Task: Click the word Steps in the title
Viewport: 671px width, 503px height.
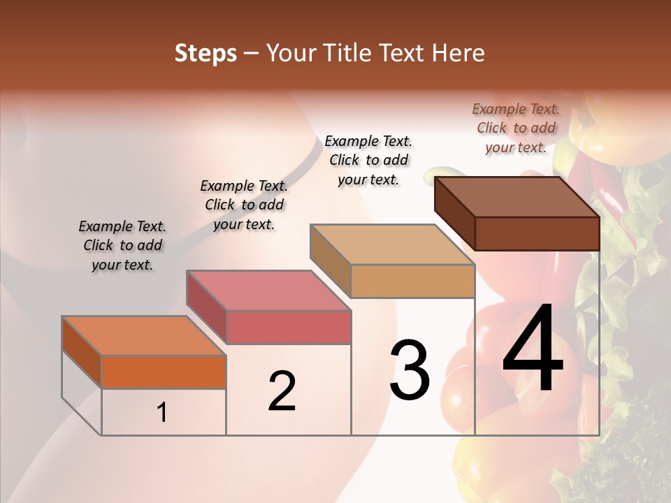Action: pyautogui.click(x=205, y=53)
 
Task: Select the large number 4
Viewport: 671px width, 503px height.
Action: pyautogui.click(x=533, y=349)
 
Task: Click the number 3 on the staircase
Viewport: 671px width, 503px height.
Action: pyautogui.click(x=410, y=370)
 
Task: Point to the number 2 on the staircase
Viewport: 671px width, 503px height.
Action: pyautogui.click(x=282, y=391)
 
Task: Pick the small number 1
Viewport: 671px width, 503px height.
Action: pyautogui.click(x=162, y=412)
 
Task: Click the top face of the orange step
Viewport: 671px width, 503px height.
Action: pyautogui.click(x=143, y=335)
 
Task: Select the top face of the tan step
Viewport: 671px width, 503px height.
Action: pyautogui.click(x=392, y=245)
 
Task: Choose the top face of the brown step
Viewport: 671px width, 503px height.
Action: pyautogui.click(x=517, y=196)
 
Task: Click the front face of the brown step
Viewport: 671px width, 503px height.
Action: pyautogui.click(x=537, y=233)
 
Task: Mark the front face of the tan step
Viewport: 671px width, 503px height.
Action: pyautogui.click(x=412, y=281)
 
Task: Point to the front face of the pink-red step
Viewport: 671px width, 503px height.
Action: pyautogui.click(x=288, y=327)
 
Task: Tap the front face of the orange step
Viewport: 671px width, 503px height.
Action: pyautogui.click(x=164, y=372)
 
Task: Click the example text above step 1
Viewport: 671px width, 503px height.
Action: pyautogui.click(x=122, y=245)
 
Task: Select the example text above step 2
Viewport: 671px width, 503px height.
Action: pyautogui.click(x=244, y=205)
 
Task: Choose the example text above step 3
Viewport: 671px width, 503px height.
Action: pyautogui.click(x=368, y=160)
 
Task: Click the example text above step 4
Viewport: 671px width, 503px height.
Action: pyautogui.click(x=516, y=128)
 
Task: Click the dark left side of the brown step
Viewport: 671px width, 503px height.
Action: pyautogui.click(x=454, y=213)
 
